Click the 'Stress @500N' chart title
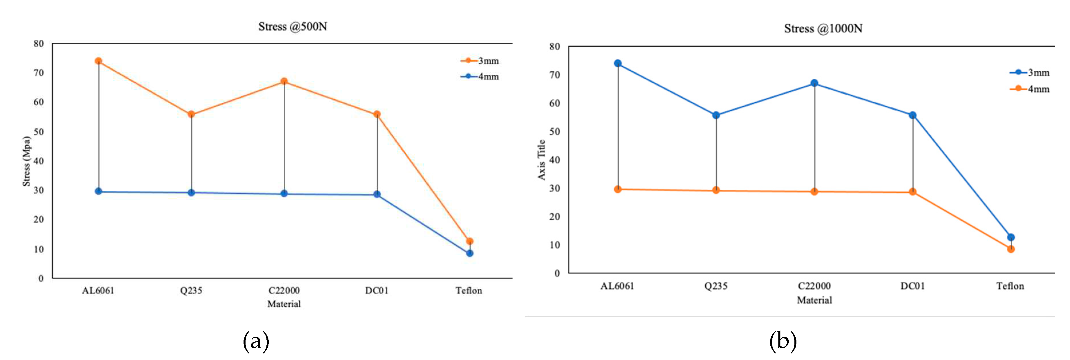tap(292, 27)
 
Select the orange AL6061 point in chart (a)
tap(98, 61)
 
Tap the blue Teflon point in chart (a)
tap(469, 253)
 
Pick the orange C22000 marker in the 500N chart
tap(284, 81)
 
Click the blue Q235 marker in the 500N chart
tap(191, 193)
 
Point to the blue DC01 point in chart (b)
tap(913, 115)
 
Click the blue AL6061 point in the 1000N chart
tap(618, 64)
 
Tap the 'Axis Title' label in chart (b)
tap(541, 160)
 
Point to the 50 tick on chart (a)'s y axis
tap(39, 132)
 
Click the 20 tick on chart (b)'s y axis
tap(555, 217)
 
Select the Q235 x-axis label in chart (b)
tap(716, 286)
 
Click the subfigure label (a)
tap(256, 341)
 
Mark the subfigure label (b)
tap(783, 341)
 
